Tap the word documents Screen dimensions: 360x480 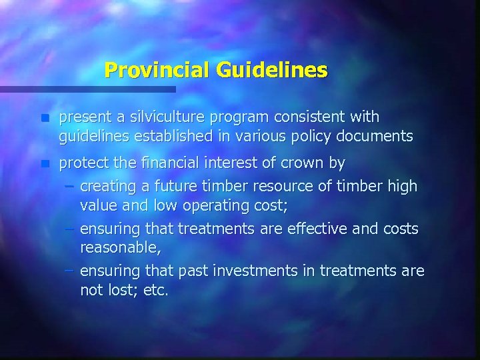click(x=381, y=137)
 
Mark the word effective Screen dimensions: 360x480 click(x=313, y=229)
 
